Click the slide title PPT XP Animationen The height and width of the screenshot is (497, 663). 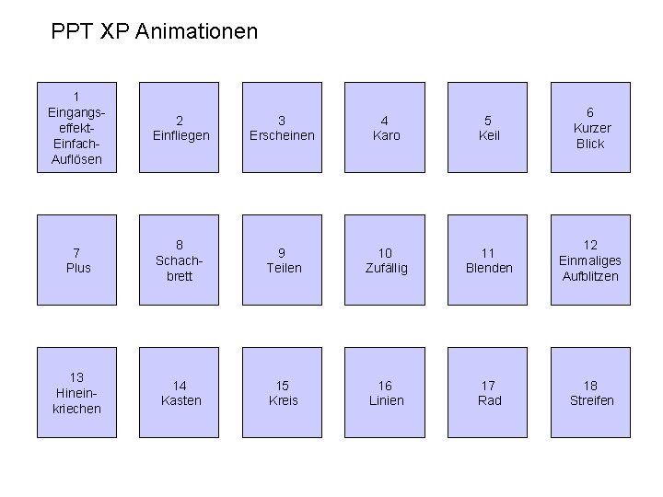155,32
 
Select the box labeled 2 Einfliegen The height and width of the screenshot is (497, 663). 180,128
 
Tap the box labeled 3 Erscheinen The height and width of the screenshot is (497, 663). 283,128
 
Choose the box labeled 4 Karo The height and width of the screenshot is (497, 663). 386,128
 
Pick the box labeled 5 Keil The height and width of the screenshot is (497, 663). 489,128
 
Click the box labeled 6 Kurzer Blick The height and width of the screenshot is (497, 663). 591,128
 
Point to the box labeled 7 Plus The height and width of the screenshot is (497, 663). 78,260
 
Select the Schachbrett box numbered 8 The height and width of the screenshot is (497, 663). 180,260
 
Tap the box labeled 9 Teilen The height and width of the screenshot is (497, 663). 283,260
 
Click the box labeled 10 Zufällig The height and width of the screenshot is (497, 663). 386,260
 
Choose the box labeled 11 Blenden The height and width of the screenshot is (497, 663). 489,260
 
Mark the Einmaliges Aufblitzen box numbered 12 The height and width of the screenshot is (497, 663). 591,260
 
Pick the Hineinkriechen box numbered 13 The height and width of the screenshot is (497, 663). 78,393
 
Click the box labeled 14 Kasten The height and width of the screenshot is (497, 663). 180,393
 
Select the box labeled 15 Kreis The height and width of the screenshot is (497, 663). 283,393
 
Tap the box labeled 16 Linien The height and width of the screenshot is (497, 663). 386,393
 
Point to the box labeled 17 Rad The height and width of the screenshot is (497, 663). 489,393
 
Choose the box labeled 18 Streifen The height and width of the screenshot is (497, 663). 591,393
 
